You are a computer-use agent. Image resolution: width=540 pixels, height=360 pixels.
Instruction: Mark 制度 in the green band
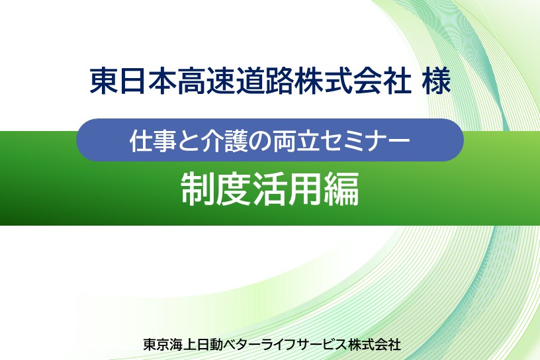click(x=216, y=189)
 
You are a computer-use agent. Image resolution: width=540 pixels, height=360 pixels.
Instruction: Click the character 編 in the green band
click(x=341, y=189)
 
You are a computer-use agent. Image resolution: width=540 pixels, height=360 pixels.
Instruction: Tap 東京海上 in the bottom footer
click(x=169, y=344)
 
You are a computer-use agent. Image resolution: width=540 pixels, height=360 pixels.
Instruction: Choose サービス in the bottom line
click(x=323, y=344)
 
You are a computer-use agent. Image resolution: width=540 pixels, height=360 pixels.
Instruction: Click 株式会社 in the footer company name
click(x=375, y=344)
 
